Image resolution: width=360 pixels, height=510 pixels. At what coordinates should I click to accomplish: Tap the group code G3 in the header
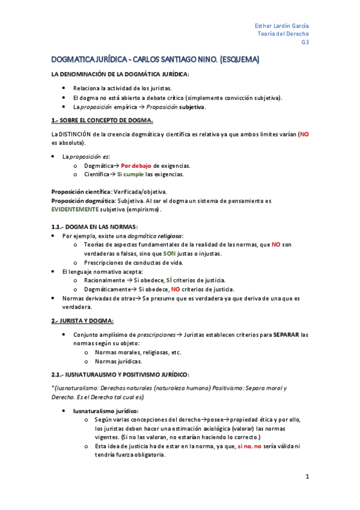pos(305,43)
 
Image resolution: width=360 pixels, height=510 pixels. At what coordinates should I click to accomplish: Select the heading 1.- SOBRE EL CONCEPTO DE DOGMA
pos(102,120)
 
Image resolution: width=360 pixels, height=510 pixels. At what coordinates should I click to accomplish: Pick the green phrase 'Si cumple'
pos(130,174)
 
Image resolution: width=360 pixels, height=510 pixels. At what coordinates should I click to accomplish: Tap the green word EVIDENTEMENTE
pos(75,209)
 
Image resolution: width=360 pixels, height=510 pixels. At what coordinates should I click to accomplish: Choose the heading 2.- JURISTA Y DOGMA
pos(82,321)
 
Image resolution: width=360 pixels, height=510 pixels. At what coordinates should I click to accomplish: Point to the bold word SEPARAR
pos(285,334)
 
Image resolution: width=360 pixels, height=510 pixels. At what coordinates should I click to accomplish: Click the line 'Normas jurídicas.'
pos(118,361)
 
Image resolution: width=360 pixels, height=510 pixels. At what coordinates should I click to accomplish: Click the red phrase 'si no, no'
pos(248,446)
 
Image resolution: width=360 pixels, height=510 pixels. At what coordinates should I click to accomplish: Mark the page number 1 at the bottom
pos(307,477)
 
